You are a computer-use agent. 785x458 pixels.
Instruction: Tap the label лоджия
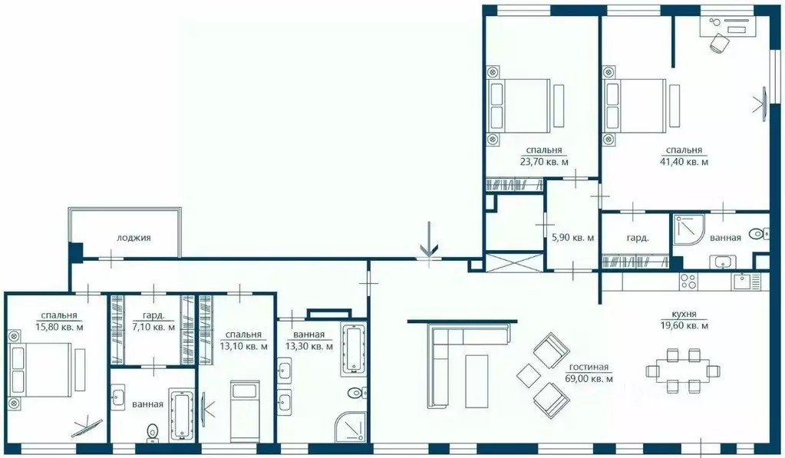coord(134,238)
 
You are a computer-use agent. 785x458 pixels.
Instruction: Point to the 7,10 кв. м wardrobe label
coord(154,328)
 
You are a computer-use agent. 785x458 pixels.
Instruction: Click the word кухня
coord(683,314)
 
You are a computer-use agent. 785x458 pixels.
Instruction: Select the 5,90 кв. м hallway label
coord(572,238)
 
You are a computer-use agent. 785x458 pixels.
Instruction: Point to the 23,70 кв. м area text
coord(544,162)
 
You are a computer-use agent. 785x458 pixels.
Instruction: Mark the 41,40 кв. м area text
coord(683,162)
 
